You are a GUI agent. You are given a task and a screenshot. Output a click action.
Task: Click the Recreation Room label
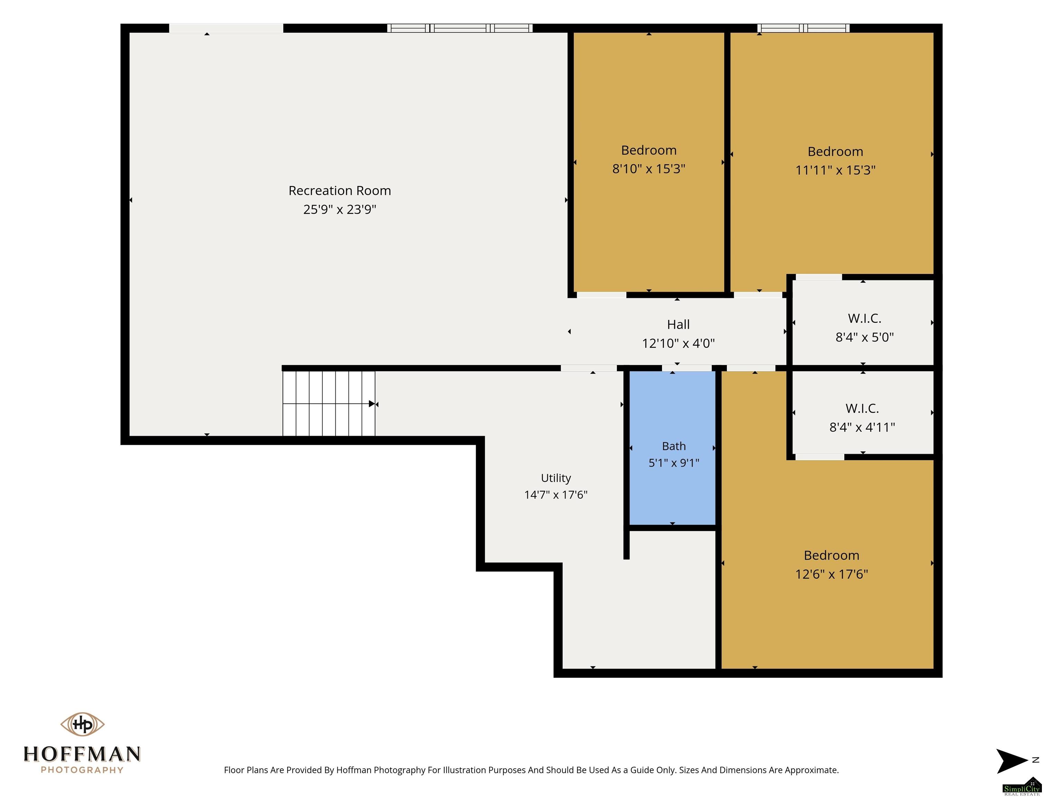click(340, 191)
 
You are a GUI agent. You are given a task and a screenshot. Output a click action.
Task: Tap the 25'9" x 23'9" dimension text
click(340, 210)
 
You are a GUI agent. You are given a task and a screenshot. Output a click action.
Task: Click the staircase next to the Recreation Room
click(329, 404)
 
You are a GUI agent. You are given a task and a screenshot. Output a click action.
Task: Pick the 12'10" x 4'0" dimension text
click(678, 343)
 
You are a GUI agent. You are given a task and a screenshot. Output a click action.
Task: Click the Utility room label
click(556, 478)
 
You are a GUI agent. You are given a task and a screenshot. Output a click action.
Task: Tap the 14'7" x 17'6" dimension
click(556, 495)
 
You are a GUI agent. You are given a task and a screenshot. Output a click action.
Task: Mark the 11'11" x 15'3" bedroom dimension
click(835, 170)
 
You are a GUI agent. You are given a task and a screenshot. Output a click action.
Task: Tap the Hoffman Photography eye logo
click(82, 724)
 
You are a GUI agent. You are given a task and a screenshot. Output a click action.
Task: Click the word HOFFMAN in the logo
click(82, 754)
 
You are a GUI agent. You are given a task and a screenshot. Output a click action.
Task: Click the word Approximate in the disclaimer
click(812, 770)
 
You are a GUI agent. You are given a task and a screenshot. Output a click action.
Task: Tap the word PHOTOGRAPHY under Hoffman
click(82, 770)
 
